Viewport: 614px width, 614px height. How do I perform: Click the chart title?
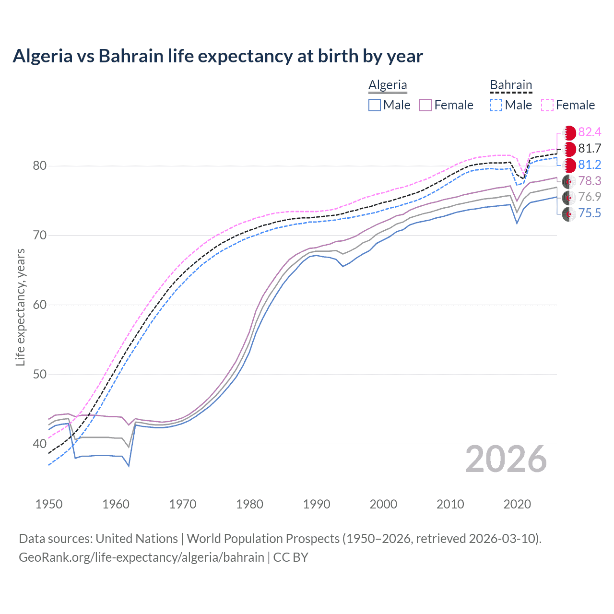(x=218, y=56)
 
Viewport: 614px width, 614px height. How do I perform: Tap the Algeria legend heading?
(x=388, y=85)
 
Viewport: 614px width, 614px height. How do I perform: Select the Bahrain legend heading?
(x=511, y=85)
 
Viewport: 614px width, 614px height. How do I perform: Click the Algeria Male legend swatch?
(x=375, y=105)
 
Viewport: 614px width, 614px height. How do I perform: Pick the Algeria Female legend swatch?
(x=425, y=105)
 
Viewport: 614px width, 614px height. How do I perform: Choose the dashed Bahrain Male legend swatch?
(x=496, y=105)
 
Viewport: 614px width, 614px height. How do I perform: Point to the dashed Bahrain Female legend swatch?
(x=547, y=105)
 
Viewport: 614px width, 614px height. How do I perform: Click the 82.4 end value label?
(x=590, y=132)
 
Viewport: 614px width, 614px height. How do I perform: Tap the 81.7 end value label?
(x=590, y=149)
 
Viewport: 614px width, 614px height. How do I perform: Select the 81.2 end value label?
(x=590, y=165)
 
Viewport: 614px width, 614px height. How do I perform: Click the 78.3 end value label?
(x=590, y=181)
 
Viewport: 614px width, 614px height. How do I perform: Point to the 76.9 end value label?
(x=590, y=197)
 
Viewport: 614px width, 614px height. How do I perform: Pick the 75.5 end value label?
(x=590, y=213)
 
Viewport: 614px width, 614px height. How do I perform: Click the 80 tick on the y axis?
(x=40, y=166)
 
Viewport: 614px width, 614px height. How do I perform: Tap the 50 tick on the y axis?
(x=40, y=374)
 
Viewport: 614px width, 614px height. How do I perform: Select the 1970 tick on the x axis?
(x=183, y=504)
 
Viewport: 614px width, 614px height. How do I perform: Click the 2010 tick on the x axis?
(x=450, y=504)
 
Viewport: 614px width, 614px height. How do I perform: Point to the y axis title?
(x=21, y=307)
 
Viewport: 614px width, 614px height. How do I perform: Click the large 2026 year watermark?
(x=506, y=460)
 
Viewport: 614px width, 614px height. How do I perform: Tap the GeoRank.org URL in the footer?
(x=142, y=557)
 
